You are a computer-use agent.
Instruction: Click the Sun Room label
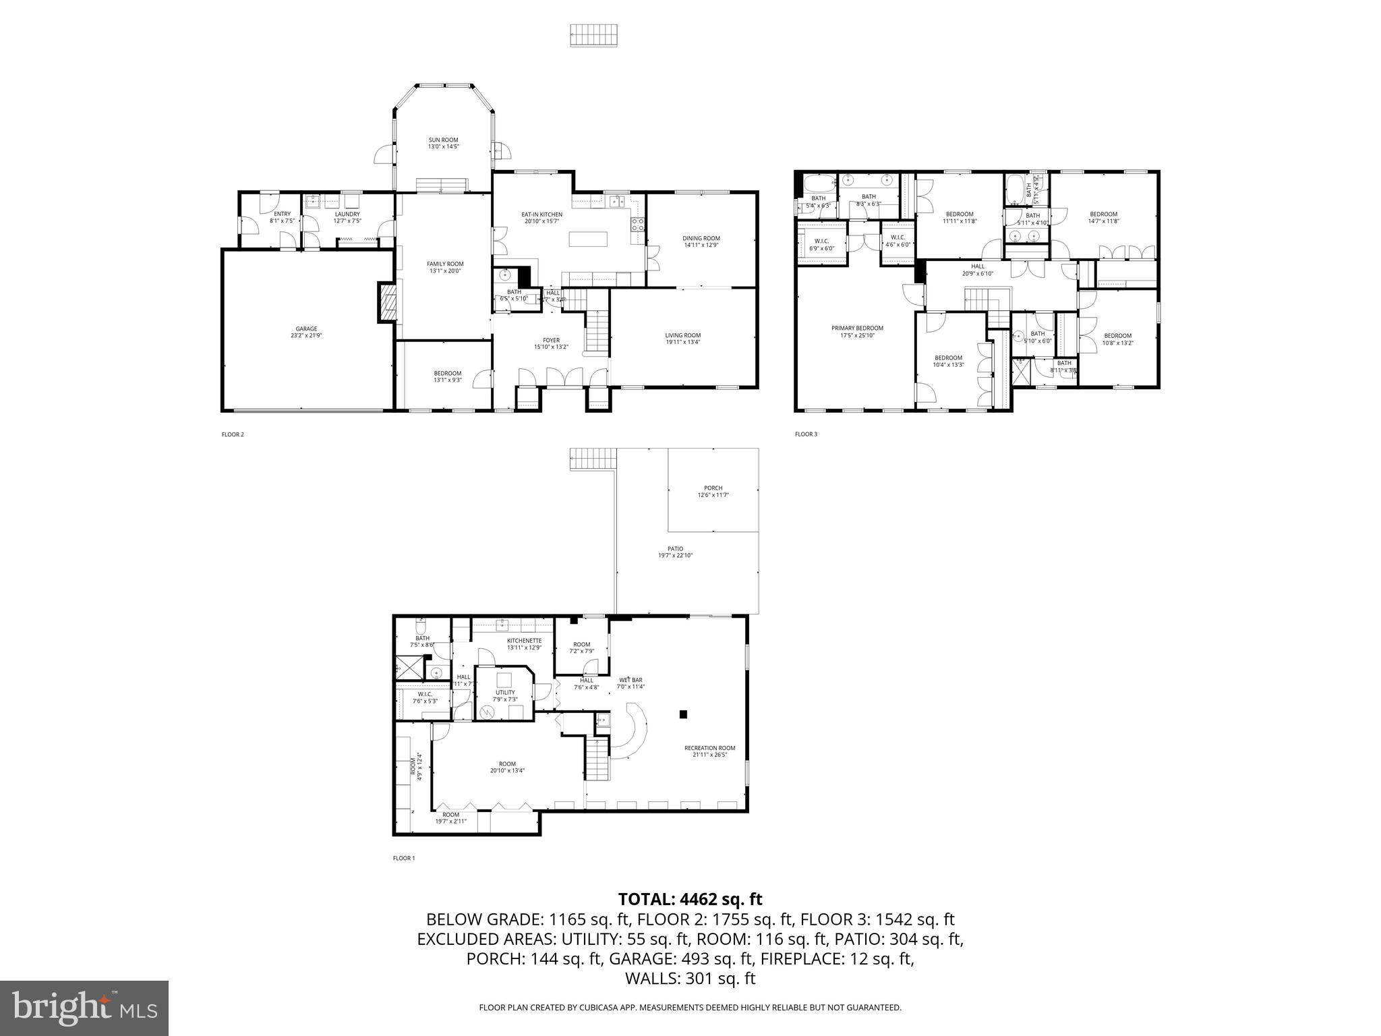coord(443,140)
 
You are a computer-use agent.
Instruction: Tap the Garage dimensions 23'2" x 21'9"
coord(305,335)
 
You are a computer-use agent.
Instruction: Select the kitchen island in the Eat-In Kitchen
coord(588,239)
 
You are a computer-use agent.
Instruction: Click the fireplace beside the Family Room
coord(386,303)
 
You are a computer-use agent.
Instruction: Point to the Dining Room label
coord(701,238)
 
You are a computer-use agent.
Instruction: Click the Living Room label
coord(682,335)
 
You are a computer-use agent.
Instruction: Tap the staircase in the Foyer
coord(596,330)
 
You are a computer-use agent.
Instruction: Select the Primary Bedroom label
coord(856,328)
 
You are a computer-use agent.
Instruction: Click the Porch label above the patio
coord(713,488)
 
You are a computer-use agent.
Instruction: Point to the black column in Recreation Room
coord(683,714)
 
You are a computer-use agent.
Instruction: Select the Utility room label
coord(505,693)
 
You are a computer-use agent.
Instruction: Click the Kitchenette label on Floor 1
coord(524,641)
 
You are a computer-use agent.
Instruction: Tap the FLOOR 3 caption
coord(806,434)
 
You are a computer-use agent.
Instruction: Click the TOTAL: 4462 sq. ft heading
coord(690,899)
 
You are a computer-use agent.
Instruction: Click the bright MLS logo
coord(84,1008)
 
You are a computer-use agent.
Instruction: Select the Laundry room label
coord(347,214)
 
